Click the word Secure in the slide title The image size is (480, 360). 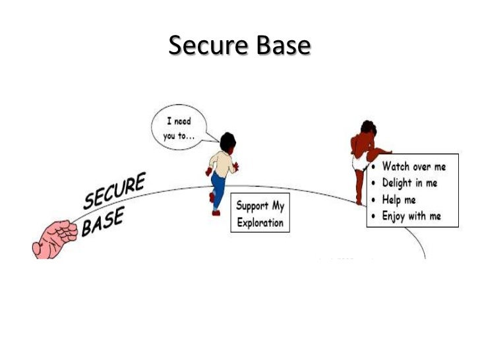point(205,45)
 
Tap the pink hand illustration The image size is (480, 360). point(55,237)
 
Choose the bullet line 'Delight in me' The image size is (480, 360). point(409,183)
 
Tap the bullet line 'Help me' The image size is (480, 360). point(399,199)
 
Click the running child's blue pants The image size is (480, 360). point(218,189)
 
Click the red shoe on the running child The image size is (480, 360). point(216,211)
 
